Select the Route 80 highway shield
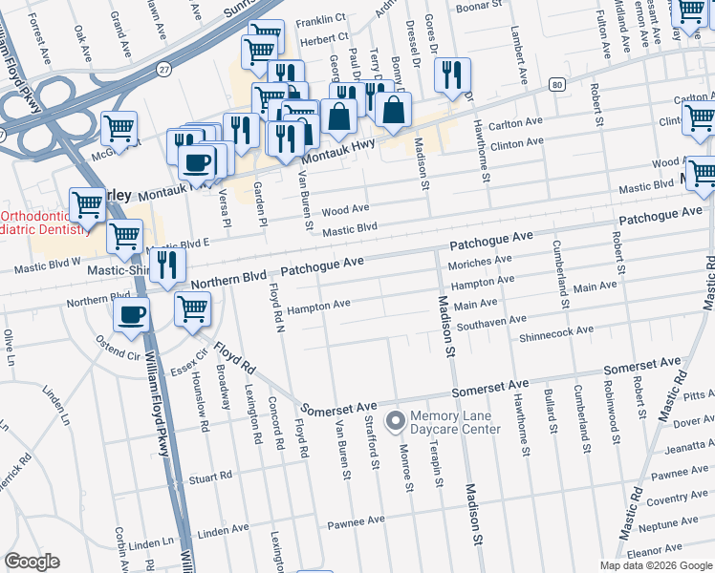click(x=555, y=84)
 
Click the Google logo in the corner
click(x=32, y=562)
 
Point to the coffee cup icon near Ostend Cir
click(x=132, y=315)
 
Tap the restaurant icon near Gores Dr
click(x=452, y=74)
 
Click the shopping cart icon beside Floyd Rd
click(x=192, y=309)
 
